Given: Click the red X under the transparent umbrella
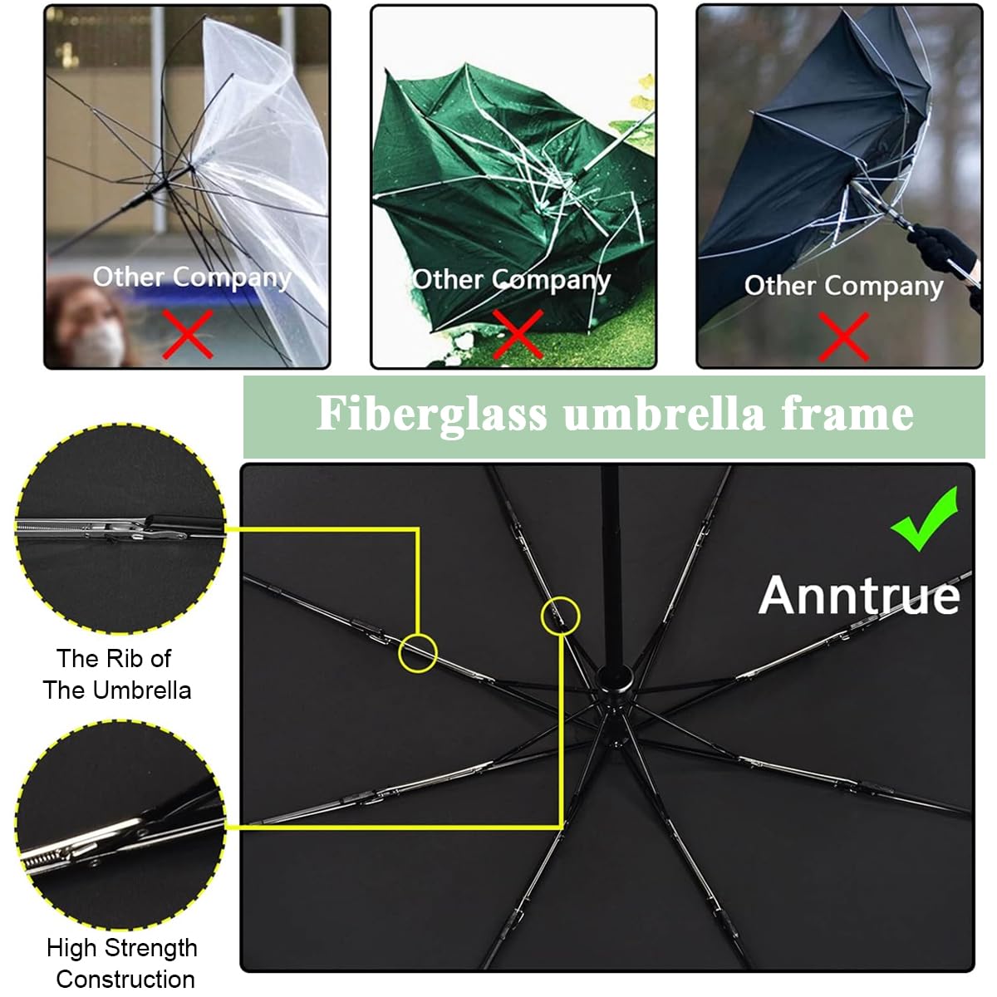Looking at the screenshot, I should [x=187, y=334].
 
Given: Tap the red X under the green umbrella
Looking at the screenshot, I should [x=518, y=334].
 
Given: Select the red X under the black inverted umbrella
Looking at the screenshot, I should [x=843, y=336].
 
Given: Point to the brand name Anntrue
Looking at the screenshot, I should [x=859, y=596].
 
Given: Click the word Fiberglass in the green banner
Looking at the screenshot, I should [x=431, y=414].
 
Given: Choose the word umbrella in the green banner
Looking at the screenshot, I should [x=664, y=414].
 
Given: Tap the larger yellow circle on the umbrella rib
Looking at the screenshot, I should [x=418, y=653].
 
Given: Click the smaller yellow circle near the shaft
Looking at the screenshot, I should [x=561, y=616].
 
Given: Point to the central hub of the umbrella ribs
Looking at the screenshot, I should [x=614, y=680].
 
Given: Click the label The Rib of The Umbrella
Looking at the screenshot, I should [x=116, y=674].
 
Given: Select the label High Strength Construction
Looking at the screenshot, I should [x=122, y=963].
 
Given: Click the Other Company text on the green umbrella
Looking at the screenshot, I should [x=511, y=280].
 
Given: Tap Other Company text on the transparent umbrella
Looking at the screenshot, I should [x=192, y=277].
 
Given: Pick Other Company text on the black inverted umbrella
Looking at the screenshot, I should [x=843, y=286].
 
